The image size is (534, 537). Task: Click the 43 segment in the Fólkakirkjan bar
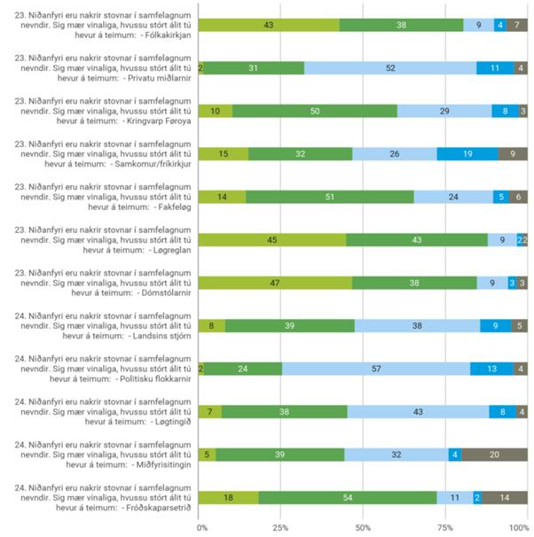point(269,25)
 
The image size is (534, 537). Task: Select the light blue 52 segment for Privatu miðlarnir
point(390,67)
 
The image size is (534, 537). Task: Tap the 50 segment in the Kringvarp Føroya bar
point(315,111)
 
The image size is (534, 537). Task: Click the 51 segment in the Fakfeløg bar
point(330,197)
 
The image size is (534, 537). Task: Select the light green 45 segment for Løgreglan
point(272,239)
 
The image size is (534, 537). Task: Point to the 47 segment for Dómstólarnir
point(275,283)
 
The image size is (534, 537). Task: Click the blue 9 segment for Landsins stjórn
point(495,325)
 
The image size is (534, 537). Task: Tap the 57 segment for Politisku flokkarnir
point(376,369)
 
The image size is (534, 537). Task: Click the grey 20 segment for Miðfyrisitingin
point(494,455)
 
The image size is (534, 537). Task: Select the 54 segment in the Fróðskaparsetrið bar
point(348,497)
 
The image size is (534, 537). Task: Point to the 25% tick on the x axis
point(280,527)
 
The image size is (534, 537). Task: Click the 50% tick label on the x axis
point(362,527)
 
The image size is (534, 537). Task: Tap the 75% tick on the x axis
point(444,527)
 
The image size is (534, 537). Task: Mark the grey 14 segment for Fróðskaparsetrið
point(505,497)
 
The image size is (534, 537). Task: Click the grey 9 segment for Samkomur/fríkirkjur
point(513,153)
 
